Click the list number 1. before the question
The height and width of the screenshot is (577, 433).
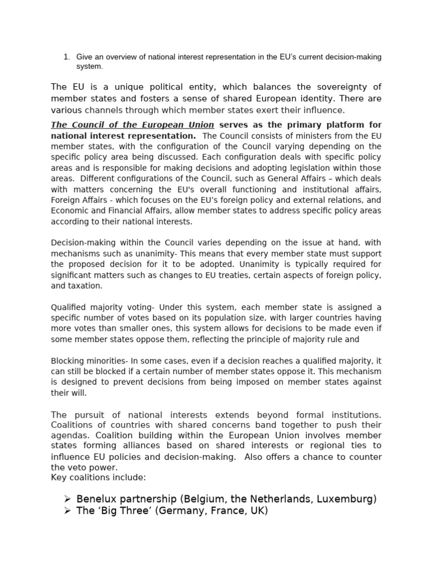(x=66, y=57)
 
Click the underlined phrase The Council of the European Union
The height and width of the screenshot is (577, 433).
(x=132, y=125)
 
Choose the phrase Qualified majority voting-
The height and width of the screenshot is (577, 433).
(x=103, y=307)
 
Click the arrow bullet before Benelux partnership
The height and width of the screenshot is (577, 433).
(x=68, y=499)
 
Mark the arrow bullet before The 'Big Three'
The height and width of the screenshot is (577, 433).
(x=68, y=511)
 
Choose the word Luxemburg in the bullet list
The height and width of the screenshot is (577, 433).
(x=346, y=499)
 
